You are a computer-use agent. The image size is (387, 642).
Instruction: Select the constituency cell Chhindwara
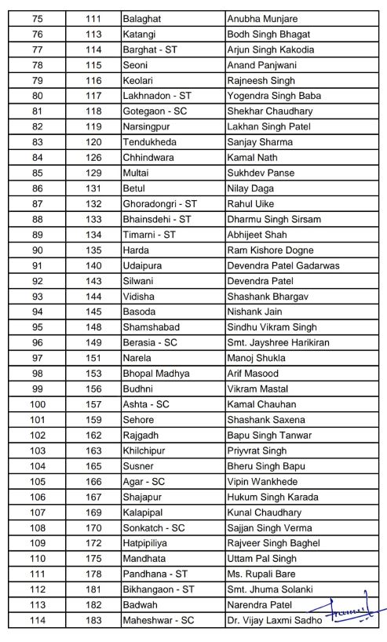point(148,158)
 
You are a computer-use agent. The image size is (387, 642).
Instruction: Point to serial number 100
point(38,404)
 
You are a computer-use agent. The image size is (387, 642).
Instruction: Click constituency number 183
point(94,620)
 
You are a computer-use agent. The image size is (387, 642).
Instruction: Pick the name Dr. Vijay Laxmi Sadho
point(272,620)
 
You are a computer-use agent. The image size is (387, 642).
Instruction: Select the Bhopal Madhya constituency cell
point(155,374)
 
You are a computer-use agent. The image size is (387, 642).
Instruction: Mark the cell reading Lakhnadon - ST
point(158,96)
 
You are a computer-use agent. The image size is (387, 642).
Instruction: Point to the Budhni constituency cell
point(141,388)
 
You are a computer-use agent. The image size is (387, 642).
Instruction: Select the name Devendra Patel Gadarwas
point(283,265)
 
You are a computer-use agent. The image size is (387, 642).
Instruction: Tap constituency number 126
point(94,158)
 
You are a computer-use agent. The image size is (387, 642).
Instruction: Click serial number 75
point(38,19)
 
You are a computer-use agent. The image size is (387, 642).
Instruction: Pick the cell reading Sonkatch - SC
point(154,527)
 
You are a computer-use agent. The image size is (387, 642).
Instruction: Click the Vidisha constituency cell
point(140,296)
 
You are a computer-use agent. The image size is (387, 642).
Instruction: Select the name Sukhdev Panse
point(261,173)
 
